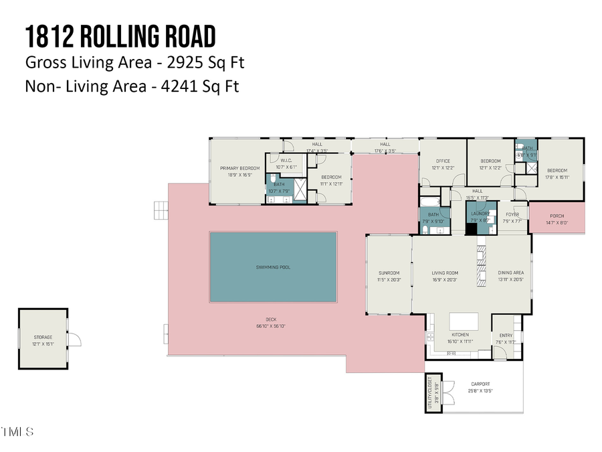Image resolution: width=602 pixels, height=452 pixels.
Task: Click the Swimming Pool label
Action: pos(273,267)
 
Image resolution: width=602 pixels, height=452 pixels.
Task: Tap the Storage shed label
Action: pos(43,337)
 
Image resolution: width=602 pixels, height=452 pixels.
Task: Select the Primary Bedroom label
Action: pos(240,168)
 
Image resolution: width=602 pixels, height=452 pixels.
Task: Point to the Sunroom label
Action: pos(389,273)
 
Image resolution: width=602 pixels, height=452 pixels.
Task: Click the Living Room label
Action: pos(444,273)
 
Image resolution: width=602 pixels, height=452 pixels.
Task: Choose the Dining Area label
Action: pos(510,273)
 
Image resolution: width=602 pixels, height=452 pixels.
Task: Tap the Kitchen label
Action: pos(460,335)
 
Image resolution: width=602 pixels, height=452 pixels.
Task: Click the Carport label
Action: pos(480,384)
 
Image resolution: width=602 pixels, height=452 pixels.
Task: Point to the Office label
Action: pos(442,161)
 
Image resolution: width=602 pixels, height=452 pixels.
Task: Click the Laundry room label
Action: pos(480,214)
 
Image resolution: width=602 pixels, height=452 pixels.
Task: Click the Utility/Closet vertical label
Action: pos(429,390)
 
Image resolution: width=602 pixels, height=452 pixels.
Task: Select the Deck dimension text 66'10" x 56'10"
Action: pos(271,326)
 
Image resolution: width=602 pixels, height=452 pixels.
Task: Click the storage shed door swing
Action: pos(74,340)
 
